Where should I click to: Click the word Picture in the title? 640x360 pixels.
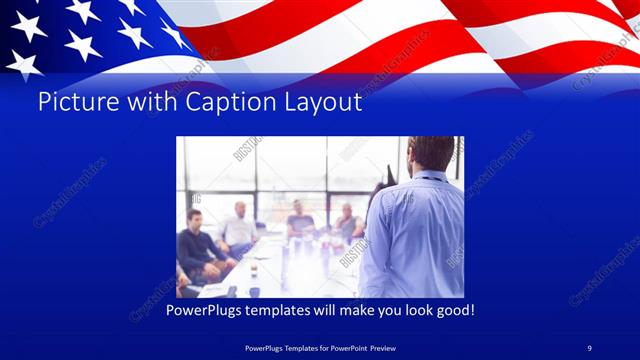71,102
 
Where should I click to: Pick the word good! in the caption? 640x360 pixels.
451,311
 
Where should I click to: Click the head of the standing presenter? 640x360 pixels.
431,154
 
